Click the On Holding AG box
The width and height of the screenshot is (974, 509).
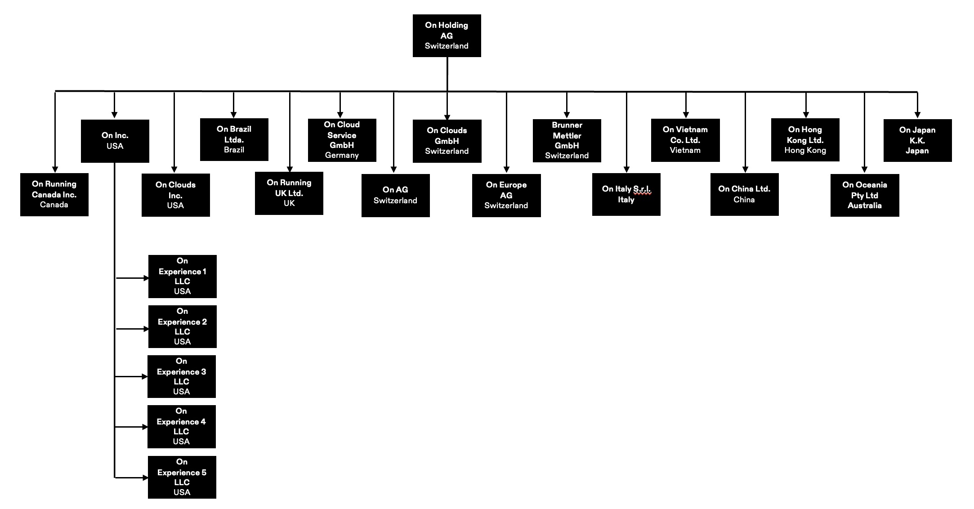[447, 36]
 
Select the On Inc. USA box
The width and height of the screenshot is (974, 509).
[115, 141]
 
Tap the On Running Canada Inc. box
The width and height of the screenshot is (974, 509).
[54, 194]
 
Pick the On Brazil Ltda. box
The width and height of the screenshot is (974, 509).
[234, 139]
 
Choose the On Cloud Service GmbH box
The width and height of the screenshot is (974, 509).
[342, 140]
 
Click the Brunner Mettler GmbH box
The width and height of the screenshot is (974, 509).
[567, 140]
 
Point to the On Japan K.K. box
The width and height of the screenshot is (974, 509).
[917, 140]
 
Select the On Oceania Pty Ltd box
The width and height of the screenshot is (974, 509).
[864, 195]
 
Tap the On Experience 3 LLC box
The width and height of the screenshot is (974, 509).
[181, 376]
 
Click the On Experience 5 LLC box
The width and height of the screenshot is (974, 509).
[182, 477]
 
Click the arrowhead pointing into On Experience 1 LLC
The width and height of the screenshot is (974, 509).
[146, 278]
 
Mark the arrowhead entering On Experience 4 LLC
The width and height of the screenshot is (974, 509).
[145, 427]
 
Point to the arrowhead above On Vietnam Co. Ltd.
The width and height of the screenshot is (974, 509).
[686, 115]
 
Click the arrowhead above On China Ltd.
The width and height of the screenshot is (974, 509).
[745, 170]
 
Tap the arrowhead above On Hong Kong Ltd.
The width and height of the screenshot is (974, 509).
[806, 115]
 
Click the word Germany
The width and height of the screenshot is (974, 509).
[342, 155]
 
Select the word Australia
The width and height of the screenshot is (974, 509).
[864, 205]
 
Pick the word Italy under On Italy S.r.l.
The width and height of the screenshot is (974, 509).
[626, 200]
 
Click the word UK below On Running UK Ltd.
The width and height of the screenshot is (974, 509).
[289, 203]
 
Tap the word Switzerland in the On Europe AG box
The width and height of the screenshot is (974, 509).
[506, 205]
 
